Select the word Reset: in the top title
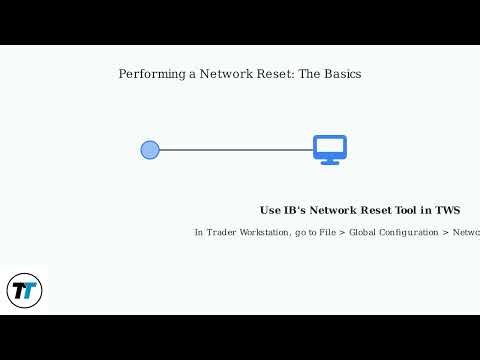click(276, 74)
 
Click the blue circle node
click(150, 150)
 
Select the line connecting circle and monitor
click(236, 150)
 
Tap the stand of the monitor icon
click(329, 161)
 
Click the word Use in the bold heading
click(271, 211)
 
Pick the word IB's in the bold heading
click(296, 211)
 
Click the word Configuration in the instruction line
click(413, 233)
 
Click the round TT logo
click(23, 291)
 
